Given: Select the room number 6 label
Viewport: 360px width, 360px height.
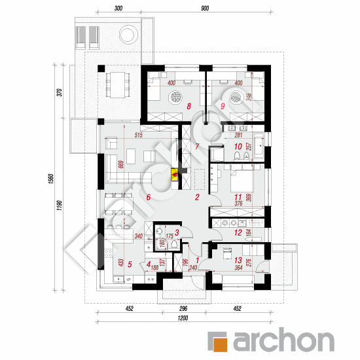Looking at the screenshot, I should coord(149,197).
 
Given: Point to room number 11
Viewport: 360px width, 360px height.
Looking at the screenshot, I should coord(237,196).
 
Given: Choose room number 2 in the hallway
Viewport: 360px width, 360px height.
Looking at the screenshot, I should coord(196,197).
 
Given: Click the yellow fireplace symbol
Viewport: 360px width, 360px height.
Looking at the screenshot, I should coord(174,174).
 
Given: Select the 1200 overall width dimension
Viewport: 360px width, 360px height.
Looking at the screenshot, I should coord(182,318).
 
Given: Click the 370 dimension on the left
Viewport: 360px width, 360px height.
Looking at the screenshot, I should coord(59,92).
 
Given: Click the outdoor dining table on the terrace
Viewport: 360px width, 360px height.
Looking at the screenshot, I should coord(118,82).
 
